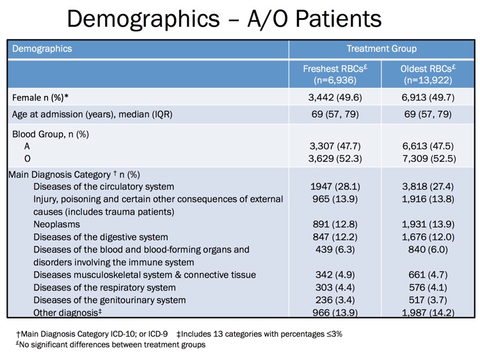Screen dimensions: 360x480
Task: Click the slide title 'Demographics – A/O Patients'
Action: (x=224, y=19)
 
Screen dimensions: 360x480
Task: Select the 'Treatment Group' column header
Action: (x=381, y=49)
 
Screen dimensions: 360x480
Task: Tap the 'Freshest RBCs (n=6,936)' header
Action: (x=335, y=75)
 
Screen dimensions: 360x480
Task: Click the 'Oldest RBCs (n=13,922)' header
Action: (x=428, y=75)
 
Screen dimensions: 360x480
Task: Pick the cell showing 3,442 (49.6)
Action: (x=335, y=98)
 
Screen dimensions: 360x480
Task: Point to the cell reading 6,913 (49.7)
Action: (x=428, y=98)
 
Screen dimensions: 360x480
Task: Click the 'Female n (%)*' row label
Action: (x=41, y=98)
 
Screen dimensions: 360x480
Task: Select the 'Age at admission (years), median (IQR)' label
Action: (x=92, y=114)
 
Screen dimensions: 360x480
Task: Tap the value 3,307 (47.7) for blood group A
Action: (x=335, y=145)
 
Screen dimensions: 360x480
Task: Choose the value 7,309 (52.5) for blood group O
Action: (x=428, y=157)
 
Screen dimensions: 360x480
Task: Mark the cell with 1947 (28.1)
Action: (x=335, y=187)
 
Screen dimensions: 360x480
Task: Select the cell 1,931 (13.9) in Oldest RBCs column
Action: (x=428, y=224)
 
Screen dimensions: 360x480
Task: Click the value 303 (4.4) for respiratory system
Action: (x=335, y=287)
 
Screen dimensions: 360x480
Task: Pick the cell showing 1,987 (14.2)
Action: (x=428, y=312)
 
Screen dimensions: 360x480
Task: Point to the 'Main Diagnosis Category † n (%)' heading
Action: (x=74, y=174)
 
